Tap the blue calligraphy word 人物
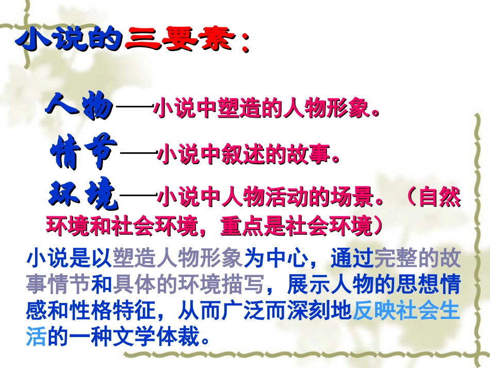tap(78, 107)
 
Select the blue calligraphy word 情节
tap(84, 152)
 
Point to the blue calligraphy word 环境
tap(83, 196)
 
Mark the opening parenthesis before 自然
tap(409, 198)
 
